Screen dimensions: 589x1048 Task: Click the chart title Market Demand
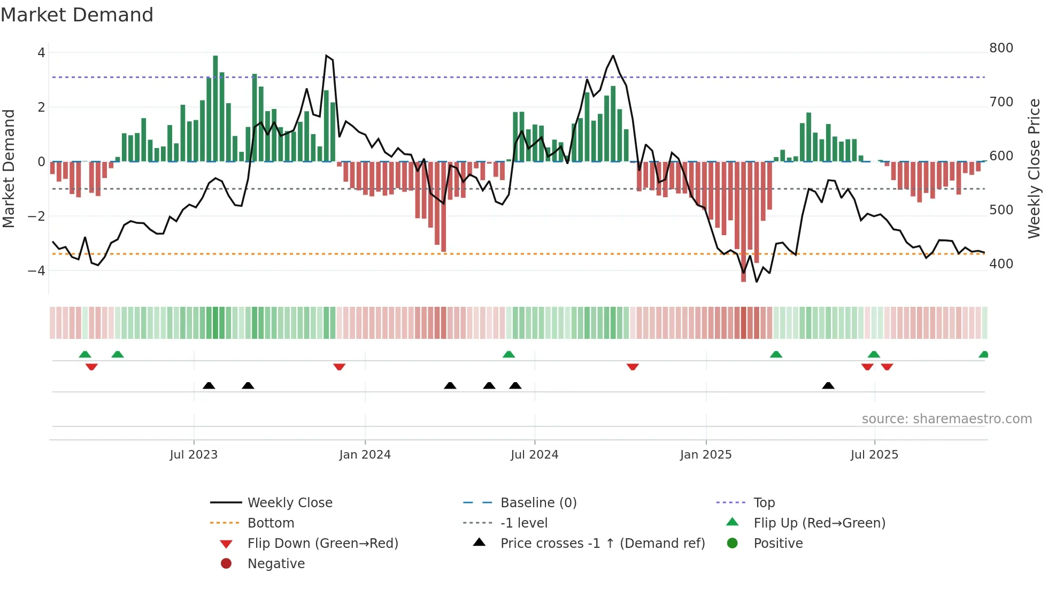[x=77, y=15]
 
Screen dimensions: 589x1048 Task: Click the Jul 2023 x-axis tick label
[x=194, y=455]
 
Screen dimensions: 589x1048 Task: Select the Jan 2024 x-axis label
[x=365, y=455]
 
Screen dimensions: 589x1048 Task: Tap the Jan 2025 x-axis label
[x=705, y=455]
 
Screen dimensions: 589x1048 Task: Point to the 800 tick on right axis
[x=1001, y=48]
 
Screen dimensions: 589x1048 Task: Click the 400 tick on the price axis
[x=1001, y=264]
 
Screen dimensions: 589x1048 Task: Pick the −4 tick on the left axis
[x=36, y=271]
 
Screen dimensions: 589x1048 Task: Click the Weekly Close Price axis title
[x=1034, y=168]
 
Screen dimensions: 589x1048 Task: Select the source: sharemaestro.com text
[x=946, y=419]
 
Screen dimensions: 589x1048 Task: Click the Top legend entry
[x=764, y=503]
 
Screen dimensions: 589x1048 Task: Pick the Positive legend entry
[x=777, y=544]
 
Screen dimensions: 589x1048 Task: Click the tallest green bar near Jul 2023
[x=215, y=107]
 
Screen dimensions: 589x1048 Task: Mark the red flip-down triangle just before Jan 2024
[x=339, y=367]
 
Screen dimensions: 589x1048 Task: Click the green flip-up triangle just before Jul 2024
[x=508, y=354]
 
